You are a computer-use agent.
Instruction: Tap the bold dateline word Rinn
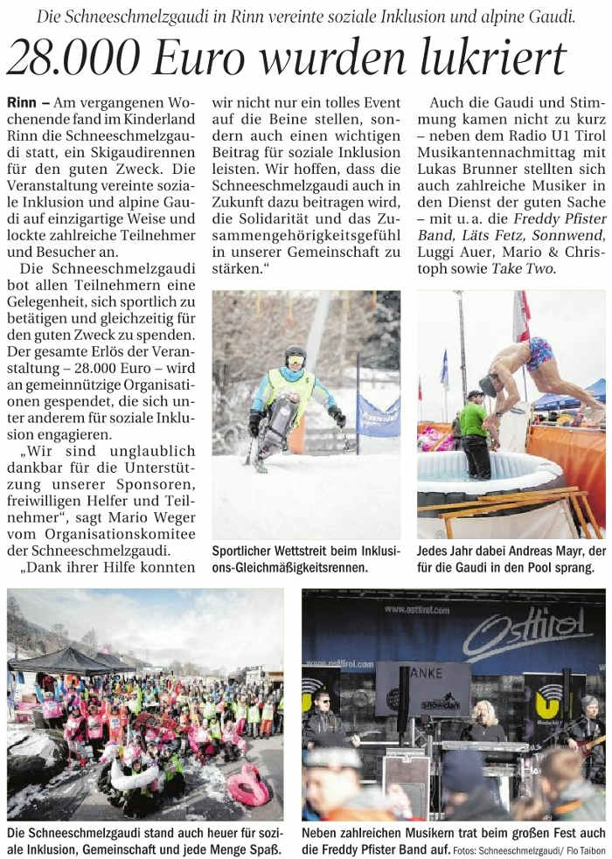tap(21, 103)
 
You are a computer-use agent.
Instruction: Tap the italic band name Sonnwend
tap(574, 235)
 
